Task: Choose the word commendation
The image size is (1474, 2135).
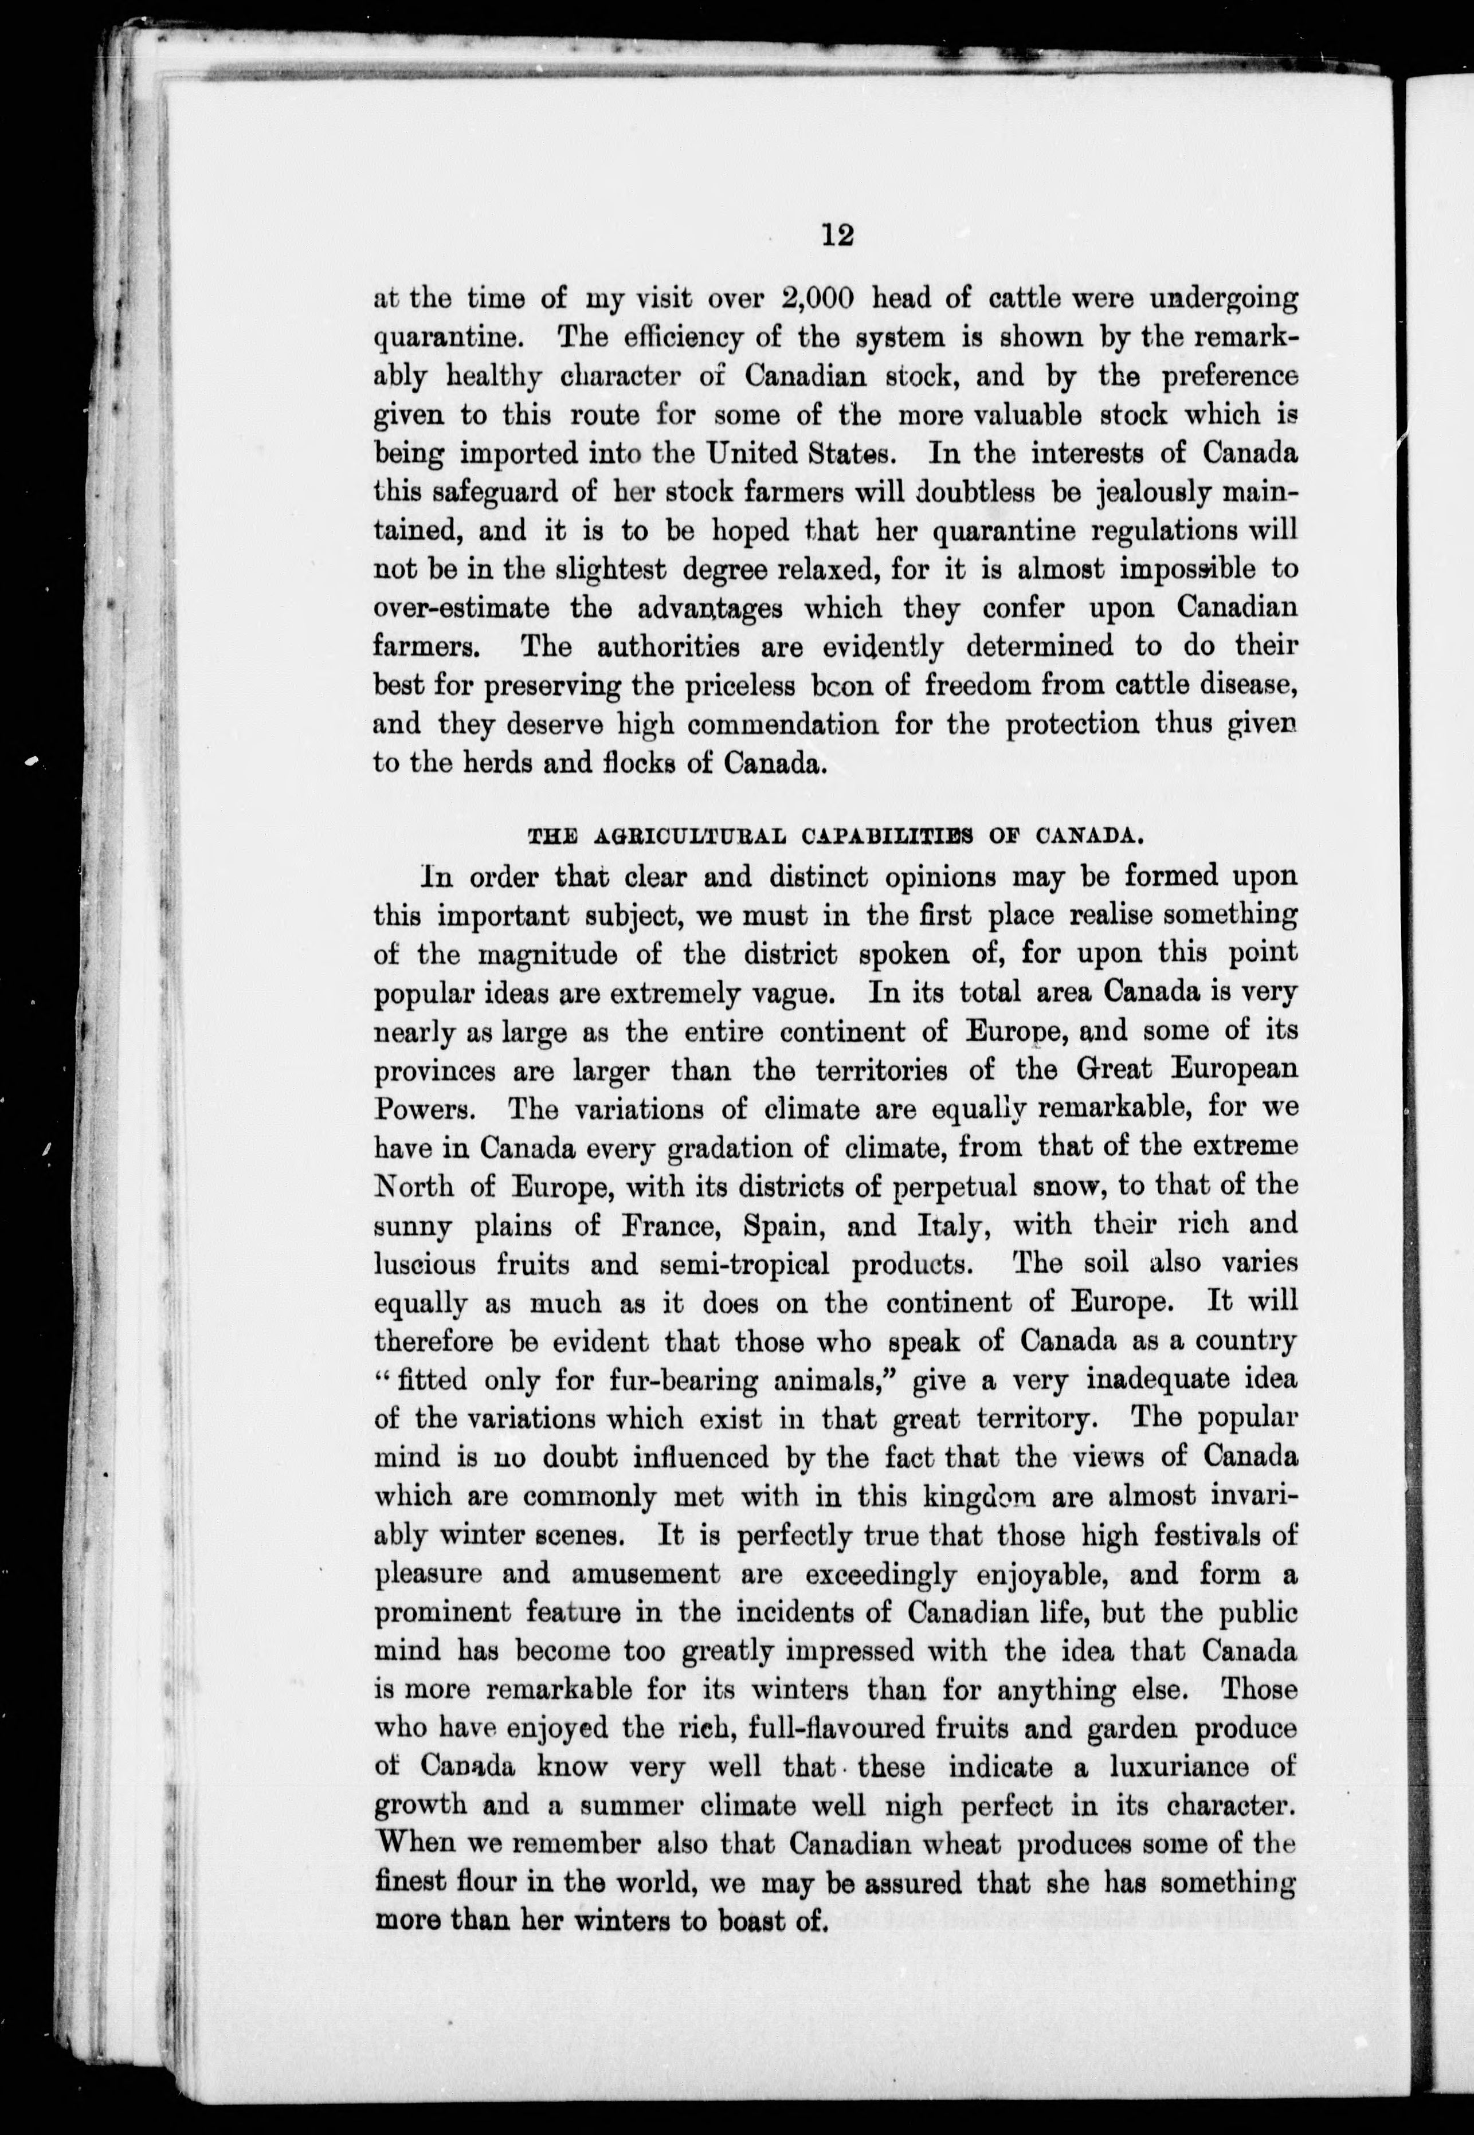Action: tap(783, 725)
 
